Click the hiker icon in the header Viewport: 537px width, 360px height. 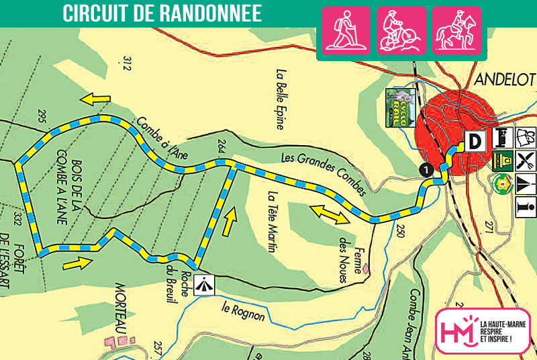pos(346,30)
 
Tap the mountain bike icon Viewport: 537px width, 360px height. pos(401,30)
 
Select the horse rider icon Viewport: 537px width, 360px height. pos(456,30)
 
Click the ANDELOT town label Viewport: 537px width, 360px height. pos(504,79)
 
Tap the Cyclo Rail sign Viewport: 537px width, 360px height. pos(394,107)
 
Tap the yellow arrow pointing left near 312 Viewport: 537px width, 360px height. pos(96,99)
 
